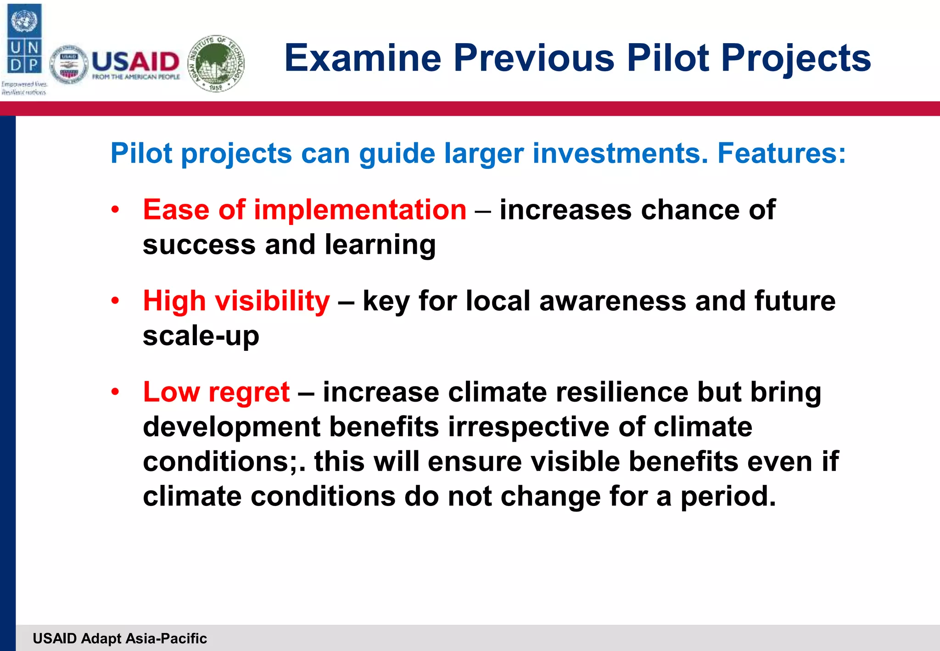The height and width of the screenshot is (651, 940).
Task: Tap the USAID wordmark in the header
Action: pos(135,62)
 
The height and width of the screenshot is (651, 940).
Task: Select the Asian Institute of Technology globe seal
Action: pos(217,63)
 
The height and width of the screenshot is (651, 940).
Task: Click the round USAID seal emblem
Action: pos(69,65)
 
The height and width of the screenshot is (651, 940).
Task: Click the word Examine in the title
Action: pos(362,58)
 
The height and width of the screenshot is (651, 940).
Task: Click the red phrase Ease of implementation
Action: pos(304,210)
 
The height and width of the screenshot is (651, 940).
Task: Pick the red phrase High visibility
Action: pos(236,301)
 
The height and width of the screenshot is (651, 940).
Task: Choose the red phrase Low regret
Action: pos(216,392)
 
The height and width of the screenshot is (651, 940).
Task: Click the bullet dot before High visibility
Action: pos(115,301)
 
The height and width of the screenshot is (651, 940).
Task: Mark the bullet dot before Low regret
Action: pos(115,392)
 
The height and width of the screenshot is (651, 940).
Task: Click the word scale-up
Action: pos(201,336)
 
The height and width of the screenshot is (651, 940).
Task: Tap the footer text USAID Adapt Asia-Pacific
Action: pos(120,638)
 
